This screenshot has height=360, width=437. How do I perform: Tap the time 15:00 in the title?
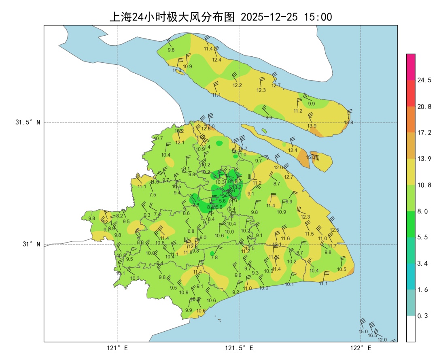(318, 17)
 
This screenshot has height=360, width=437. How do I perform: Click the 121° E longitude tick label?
(117, 348)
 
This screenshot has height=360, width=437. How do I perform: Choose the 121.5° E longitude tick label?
(239, 348)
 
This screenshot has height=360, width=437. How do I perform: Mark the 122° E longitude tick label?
(361, 348)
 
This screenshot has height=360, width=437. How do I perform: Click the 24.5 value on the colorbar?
(424, 80)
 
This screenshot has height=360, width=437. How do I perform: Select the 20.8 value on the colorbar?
(424, 107)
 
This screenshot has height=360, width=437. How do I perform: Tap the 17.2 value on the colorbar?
(424, 132)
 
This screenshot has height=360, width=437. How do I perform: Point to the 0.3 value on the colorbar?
(422, 315)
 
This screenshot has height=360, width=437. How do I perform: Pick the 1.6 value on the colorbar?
(422, 290)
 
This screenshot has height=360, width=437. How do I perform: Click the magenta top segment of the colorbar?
(411, 67)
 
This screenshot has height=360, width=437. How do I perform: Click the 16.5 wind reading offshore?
(372, 335)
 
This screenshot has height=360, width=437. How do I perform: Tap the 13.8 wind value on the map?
(348, 122)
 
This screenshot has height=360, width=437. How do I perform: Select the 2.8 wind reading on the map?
(196, 205)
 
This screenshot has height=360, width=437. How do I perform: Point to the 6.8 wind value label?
(191, 231)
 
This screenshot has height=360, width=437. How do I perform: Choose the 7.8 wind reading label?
(214, 257)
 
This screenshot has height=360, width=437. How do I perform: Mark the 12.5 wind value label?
(334, 230)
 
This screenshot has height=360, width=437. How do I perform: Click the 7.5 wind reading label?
(153, 195)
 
